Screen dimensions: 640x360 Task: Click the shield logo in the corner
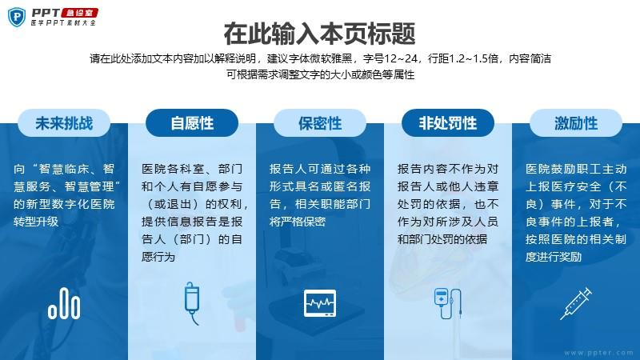coord(17,17)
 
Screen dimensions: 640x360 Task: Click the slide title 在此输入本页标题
coord(319,34)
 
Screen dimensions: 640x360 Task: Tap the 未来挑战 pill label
coord(64,123)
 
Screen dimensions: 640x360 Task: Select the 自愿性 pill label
coord(192,123)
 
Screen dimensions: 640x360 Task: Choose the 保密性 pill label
coord(320,123)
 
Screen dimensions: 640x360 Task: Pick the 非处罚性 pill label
coord(448,123)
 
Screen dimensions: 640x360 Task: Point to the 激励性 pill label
coord(576,123)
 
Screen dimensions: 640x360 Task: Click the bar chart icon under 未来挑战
coord(64,303)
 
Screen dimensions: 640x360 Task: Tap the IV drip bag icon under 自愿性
coord(192,303)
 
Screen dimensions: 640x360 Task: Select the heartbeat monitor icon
coord(320,303)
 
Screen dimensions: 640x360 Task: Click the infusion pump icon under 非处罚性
coord(448,303)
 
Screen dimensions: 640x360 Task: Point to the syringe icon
coord(576,303)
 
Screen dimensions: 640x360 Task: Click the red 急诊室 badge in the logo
coord(79,13)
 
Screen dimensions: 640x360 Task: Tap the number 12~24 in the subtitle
coord(401,58)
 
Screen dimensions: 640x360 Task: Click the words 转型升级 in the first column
coord(36,222)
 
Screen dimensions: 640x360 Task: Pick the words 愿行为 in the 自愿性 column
coord(158,257)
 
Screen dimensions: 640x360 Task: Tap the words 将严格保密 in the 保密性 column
coord(297,222)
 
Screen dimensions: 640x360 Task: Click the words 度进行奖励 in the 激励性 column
coord(554,257)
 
